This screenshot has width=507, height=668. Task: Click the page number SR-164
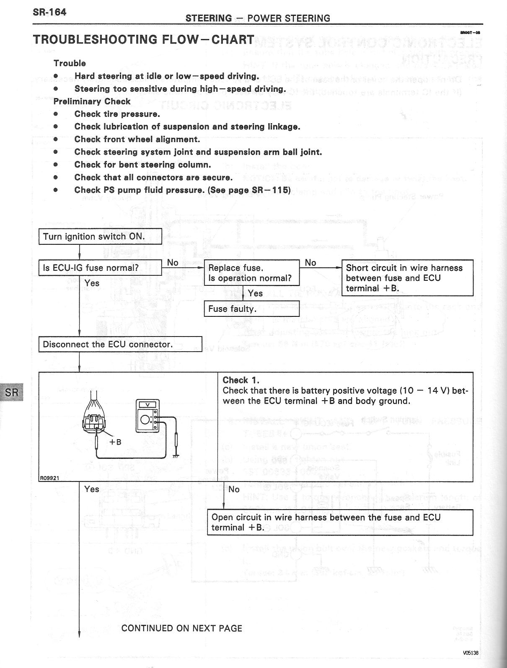pyautogui.click(x=49, y=12)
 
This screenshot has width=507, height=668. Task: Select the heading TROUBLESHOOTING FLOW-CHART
pyautogui.click(x=143, y=39)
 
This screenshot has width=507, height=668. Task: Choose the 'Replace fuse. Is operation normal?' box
pyautogui.click(x=251, y=273)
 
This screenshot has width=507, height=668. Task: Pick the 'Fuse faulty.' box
pyautogui.click(x=251, y=309)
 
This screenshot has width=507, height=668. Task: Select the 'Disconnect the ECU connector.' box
pyautogui.click(x=120, y=344)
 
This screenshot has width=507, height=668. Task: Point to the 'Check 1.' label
pyautogui.click(x=241, y=380)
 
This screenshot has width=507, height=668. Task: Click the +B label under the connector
pyautogui.click(x=115, y=442)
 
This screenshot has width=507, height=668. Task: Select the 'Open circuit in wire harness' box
pyautogui.click(x=340, y=522)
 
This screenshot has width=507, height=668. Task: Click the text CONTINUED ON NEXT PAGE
pyautogui.click(x=182, y=628)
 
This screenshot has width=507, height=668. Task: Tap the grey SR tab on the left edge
pyautogui.click(x=12, y=392)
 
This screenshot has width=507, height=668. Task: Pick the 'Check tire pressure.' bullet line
pyautogui.click(x=117, y=114)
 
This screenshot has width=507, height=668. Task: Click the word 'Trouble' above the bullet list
pyautogui.click(x=70, y=63)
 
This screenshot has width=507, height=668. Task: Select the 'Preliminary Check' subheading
pyautogui.click(x=92, y=101)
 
